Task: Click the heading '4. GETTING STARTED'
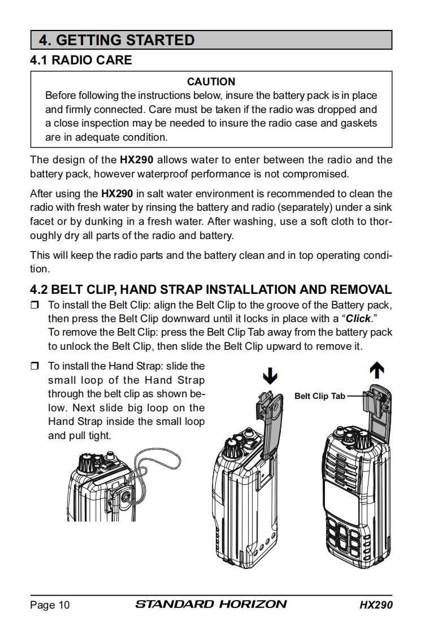pyautogui.click(x=116, y=40)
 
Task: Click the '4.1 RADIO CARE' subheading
pyautogui.click(x=81, y=60)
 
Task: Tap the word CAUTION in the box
pyautogui.click(x=211, y=82)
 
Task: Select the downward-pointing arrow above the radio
pyautogui.click(x=271, y=375)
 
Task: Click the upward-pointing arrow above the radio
pyautogui.click(x=376, y=370)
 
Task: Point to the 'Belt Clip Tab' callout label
pyautogui.click(x=319, y=396)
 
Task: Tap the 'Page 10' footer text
pyautogui.click(x=50, y=605)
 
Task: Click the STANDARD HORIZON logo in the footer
pyautogui.click(x=211, y=605)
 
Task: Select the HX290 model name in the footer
pyautogui.click(x=376, y=605)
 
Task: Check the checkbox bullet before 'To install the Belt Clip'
pyautogui.click(x=35, y=305)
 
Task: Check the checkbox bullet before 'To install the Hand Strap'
pyautogui.click(x=35, y=367)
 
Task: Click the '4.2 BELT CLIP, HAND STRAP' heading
pyautogui.click(x=210, y=290)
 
